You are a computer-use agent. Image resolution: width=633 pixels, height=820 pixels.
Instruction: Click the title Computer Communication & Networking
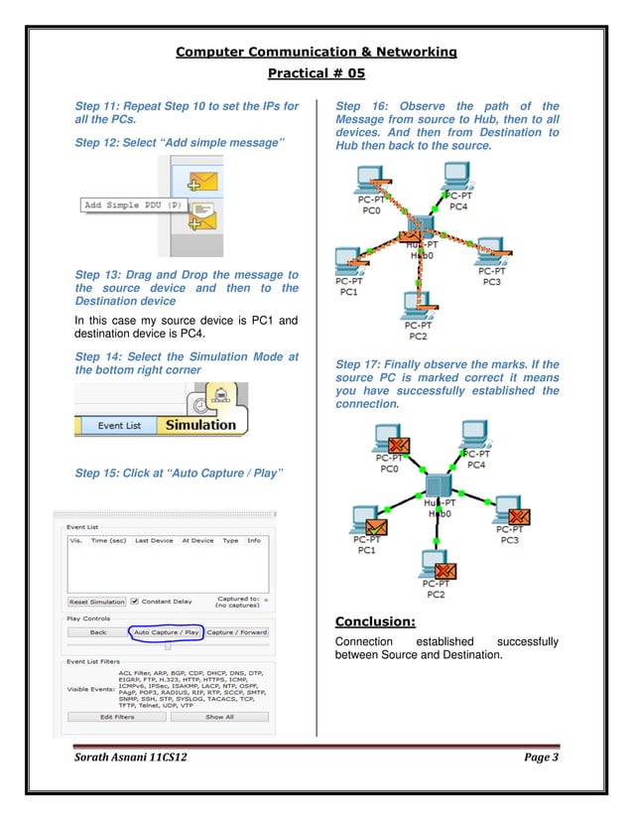tap(316, 52)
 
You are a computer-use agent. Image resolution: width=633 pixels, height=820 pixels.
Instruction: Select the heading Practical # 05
tap(316, 73)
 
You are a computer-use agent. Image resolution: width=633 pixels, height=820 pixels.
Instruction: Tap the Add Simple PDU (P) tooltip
tap(132, 205)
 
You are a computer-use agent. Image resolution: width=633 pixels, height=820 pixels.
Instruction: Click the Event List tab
tap(118, 425)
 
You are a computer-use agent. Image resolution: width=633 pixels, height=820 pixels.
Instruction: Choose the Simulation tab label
tap(200, 425)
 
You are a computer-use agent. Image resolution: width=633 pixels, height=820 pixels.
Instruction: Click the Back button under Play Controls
tap(97, 632)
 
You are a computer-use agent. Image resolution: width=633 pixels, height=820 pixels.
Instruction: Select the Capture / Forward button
tap(236, 632)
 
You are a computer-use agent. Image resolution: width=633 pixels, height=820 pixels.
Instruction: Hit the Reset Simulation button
tap(97, 602)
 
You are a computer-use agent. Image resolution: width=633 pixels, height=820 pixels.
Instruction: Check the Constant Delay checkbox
tap(136, 602)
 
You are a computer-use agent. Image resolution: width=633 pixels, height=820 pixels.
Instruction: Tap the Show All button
tap(219, 716)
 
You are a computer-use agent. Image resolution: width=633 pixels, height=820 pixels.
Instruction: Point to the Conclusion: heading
tap(374, 622)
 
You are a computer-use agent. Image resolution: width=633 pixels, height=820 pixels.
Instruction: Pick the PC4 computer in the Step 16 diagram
tap(455, 179)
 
